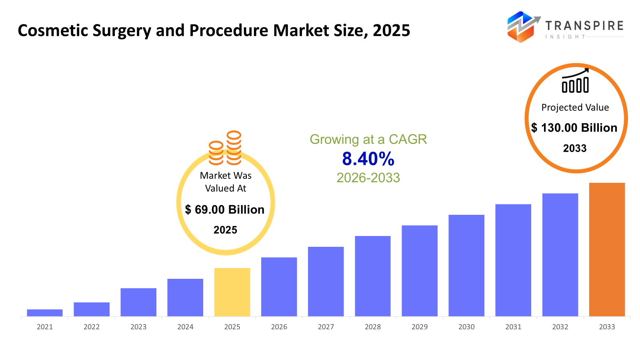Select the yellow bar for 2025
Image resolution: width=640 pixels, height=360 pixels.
tap(232, 292)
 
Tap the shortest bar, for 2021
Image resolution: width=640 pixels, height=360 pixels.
tap(45, 313)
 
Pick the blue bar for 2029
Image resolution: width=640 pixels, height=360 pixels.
tap(420, 271)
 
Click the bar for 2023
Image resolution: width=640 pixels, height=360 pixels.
tap(138, 302)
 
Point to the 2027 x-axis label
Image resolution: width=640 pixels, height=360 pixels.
tap(326, 327)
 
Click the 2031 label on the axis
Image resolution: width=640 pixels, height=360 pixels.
tap(513, 327)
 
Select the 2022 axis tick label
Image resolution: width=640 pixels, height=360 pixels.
tap(92, 327)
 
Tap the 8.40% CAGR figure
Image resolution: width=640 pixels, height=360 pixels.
tap(368, 159)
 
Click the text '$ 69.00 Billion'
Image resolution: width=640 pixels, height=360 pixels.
tap(225, 210)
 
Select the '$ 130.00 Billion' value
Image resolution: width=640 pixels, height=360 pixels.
tap(574, 128)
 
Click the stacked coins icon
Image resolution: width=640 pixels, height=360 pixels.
tap(225, 148)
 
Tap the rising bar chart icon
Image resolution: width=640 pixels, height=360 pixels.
tap(575, 81)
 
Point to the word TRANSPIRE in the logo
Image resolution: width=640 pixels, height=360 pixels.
tap(584, 26)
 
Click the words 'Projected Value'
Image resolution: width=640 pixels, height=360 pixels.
tap(575, 107)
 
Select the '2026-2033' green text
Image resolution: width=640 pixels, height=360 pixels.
tap(368, 178)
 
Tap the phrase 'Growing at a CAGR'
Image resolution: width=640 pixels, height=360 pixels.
tap(368, 139)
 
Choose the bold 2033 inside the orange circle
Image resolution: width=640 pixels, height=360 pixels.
tap(575, 148)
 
